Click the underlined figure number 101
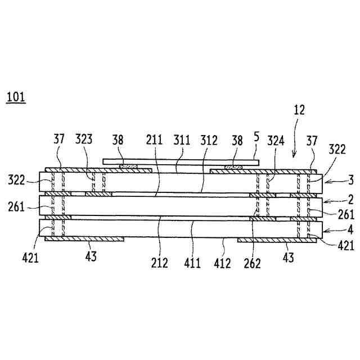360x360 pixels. click(15, 97)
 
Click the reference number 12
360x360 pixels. click(299, 111)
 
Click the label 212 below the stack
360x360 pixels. click(159, 262)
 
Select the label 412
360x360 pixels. click(223, 262)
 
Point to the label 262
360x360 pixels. click(252, 263)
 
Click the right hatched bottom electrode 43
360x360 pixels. click(276, 240)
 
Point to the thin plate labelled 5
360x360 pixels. click(181, 161)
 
